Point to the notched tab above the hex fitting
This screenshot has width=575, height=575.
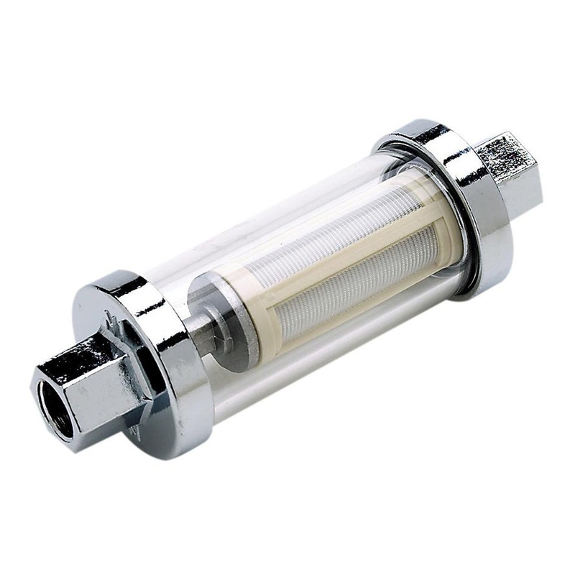(x=109, y=316)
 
